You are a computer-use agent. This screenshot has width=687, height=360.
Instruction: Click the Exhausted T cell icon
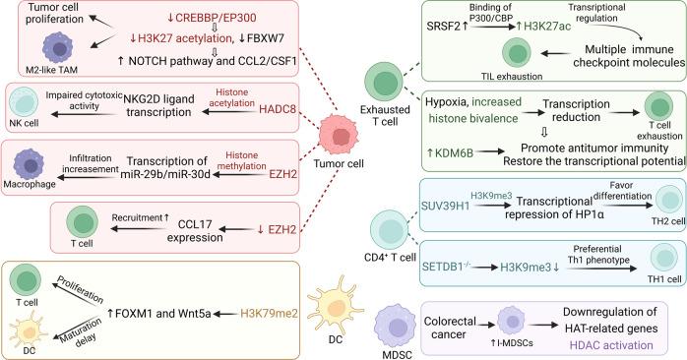click(384, 82)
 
